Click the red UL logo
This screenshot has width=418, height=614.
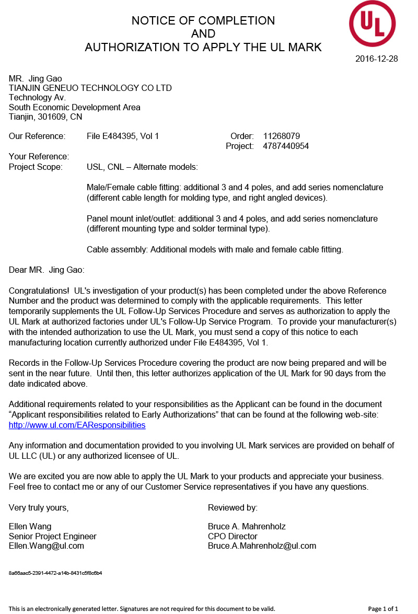click(372, 24)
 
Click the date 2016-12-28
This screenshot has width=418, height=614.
click(376, 59)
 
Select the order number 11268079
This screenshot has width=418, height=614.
click(281, 136)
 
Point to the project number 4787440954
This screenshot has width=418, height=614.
click(286, 146)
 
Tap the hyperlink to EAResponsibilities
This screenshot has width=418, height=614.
click(77, 425)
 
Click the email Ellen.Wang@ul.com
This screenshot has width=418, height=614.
click(47, 546)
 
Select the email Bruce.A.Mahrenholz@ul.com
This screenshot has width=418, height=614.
click(262, 546)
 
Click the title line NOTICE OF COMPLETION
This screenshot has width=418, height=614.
click(203, 21)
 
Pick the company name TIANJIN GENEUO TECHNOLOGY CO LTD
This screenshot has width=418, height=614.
click(90, 88)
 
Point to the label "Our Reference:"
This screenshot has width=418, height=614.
click(37, 136)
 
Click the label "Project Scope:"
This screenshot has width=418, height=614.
click(36, 167)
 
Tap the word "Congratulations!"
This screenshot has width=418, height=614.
click(39, 291)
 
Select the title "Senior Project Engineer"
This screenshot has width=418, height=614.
click(53, 536)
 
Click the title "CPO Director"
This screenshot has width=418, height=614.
click(233, 536)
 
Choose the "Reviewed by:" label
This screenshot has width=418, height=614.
click(233, 508)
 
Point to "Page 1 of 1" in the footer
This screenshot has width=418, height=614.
click(383, 609)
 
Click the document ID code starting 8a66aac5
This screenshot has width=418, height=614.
click(55, 573)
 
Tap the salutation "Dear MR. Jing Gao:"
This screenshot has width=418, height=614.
click(47, 270)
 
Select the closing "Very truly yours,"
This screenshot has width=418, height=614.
click(39, 508)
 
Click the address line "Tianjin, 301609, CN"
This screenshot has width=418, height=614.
click(45, 117)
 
